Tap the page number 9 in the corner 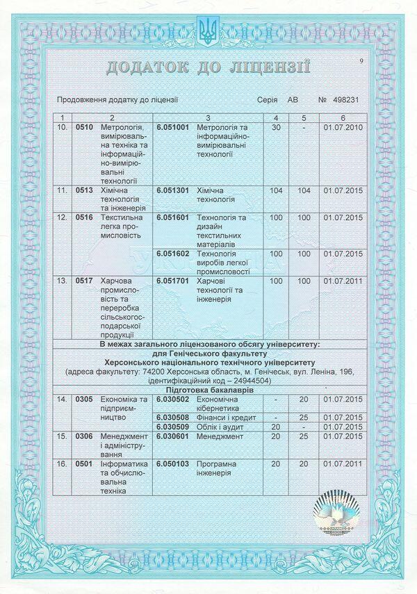[x=362, y=62]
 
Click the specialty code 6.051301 [x=172, y=189]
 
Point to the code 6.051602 [x=172, y=254]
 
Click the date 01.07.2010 [x=344, y=129]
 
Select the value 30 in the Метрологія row [x=276, y=129]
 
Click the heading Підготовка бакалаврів [x=208, y=390]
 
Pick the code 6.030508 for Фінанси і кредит [x=172, y=417]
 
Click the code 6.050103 [x=172, y=463]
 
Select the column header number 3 [x=208, y=118]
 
